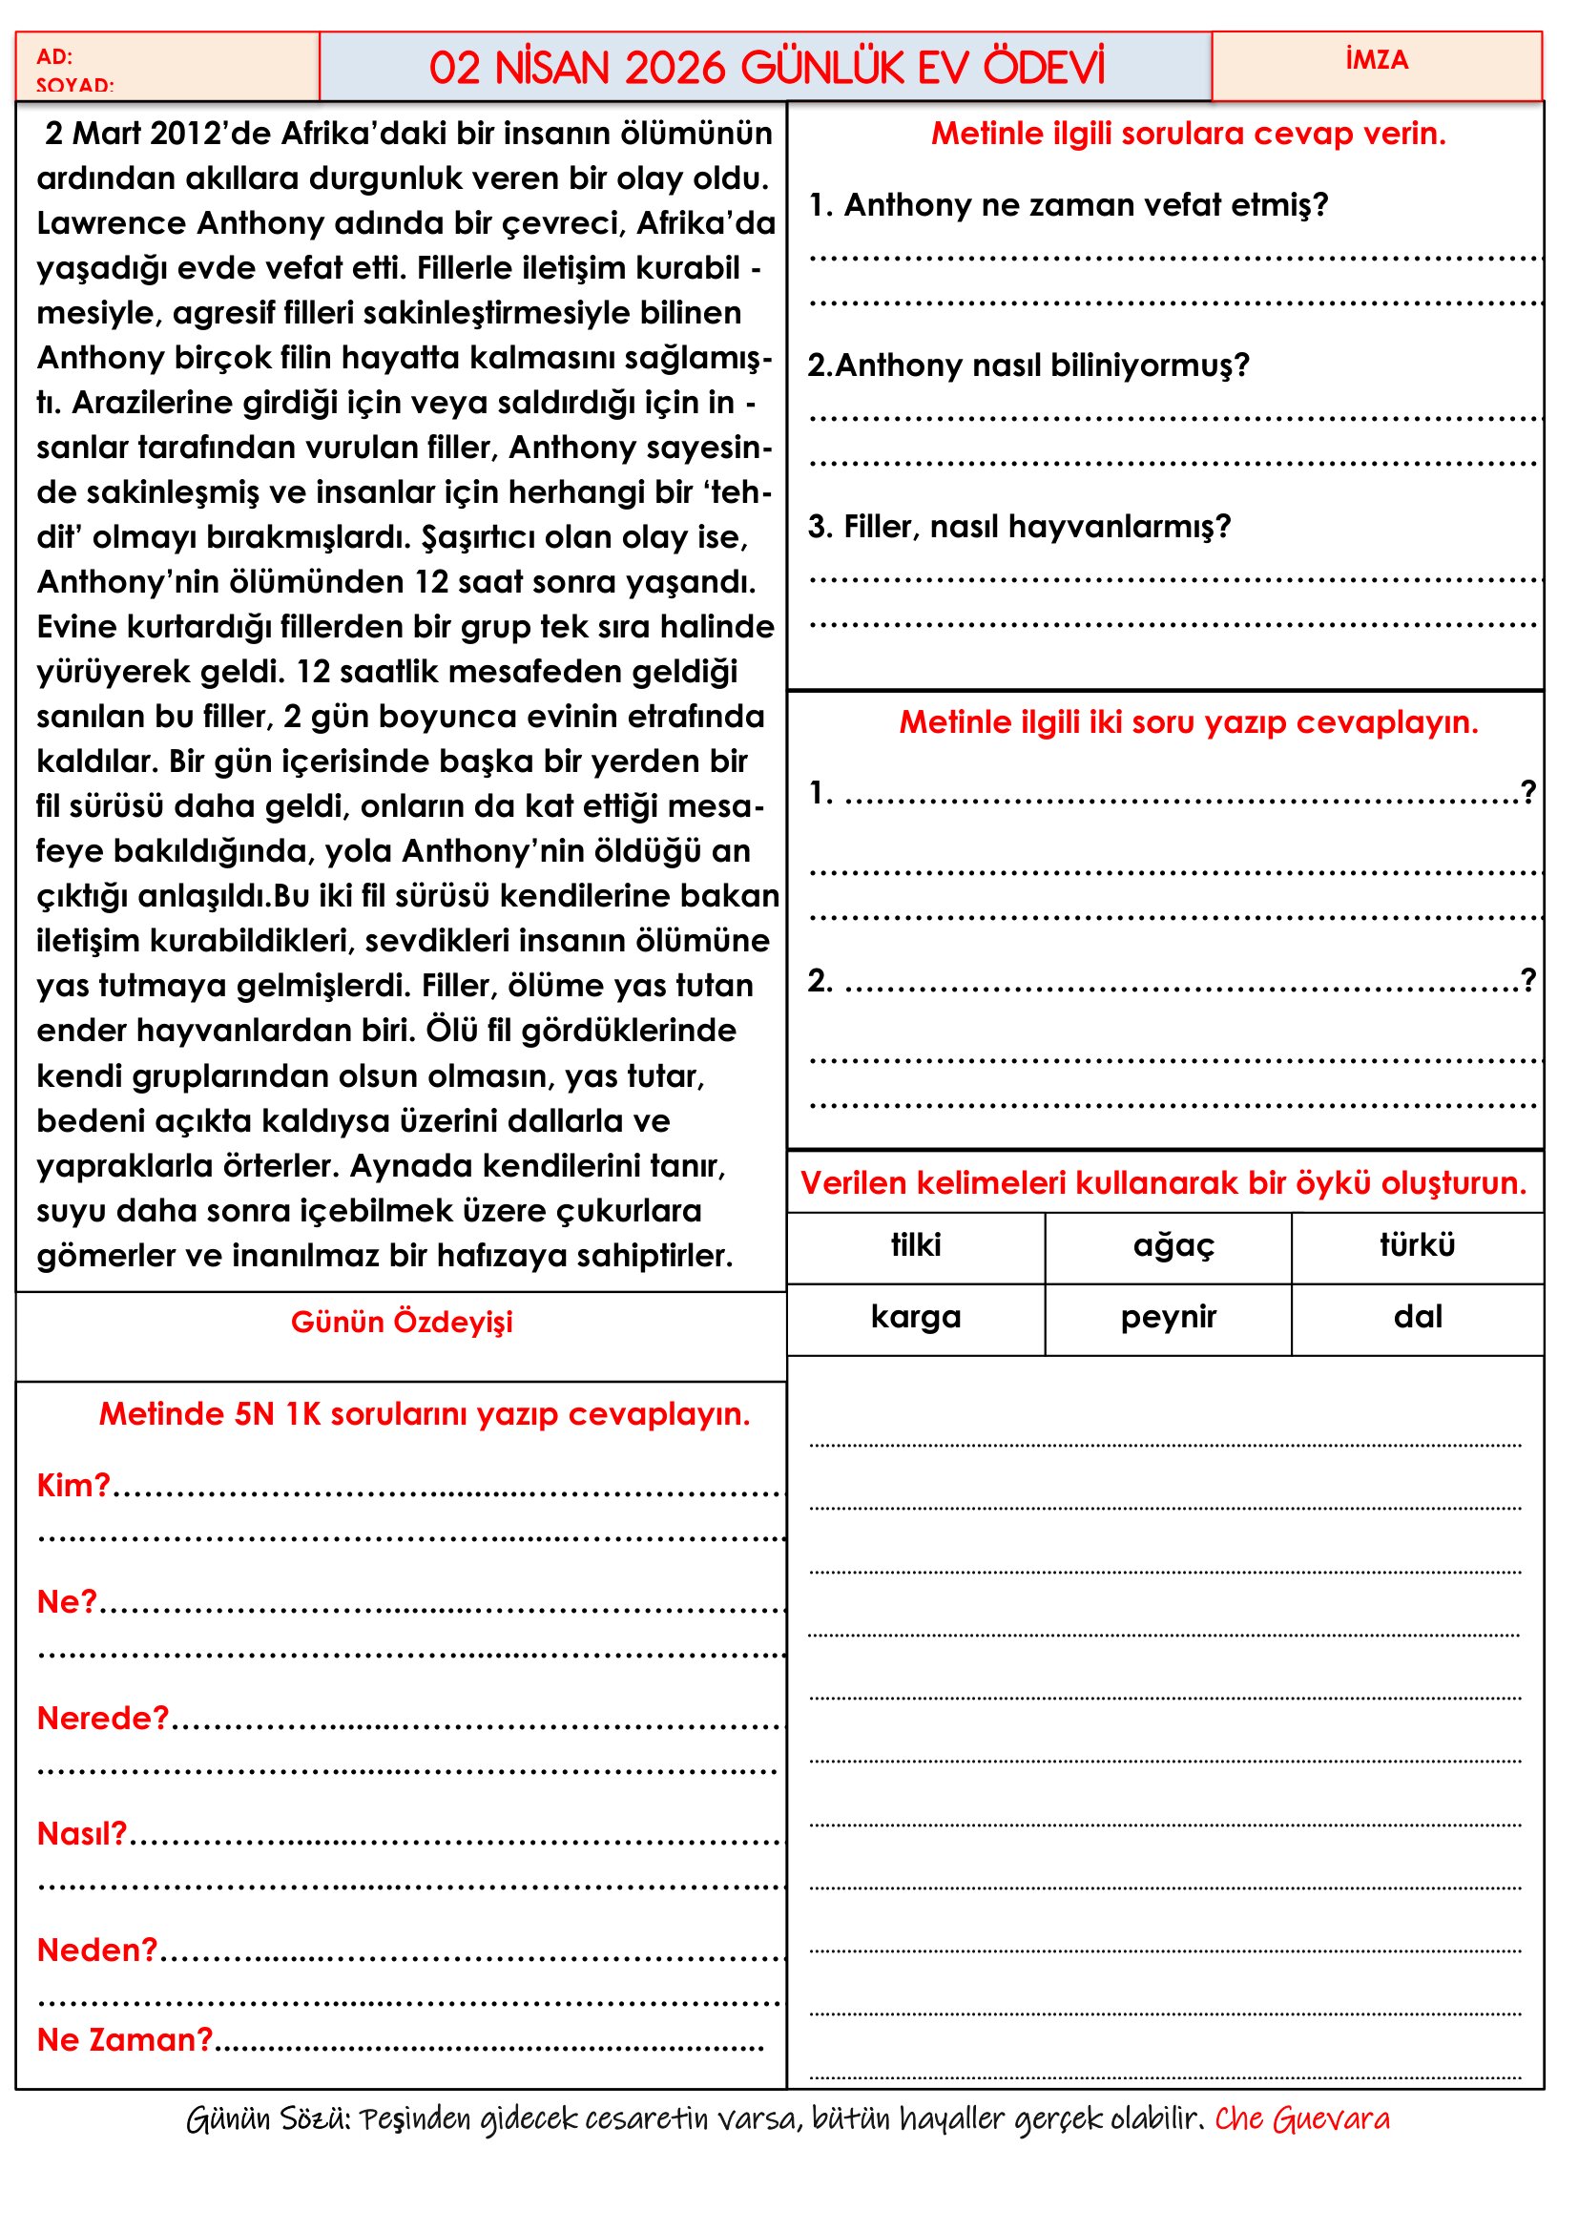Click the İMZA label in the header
point(1376,60)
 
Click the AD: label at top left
point(54,56)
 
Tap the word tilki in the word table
point(915,1245)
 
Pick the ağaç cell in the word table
point(1173,1245)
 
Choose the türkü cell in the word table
point(1417,1245)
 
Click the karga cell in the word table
point(915,1317)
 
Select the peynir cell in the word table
point(1168,1317)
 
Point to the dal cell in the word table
point(1417,1317)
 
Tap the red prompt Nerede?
point(103,1719)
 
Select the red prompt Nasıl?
point(82,1833)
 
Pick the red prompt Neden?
point(97,1950)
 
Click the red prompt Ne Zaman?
point(124,2039)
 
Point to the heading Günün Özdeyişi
point(402,1322)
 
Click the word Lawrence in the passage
point(112,223)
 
